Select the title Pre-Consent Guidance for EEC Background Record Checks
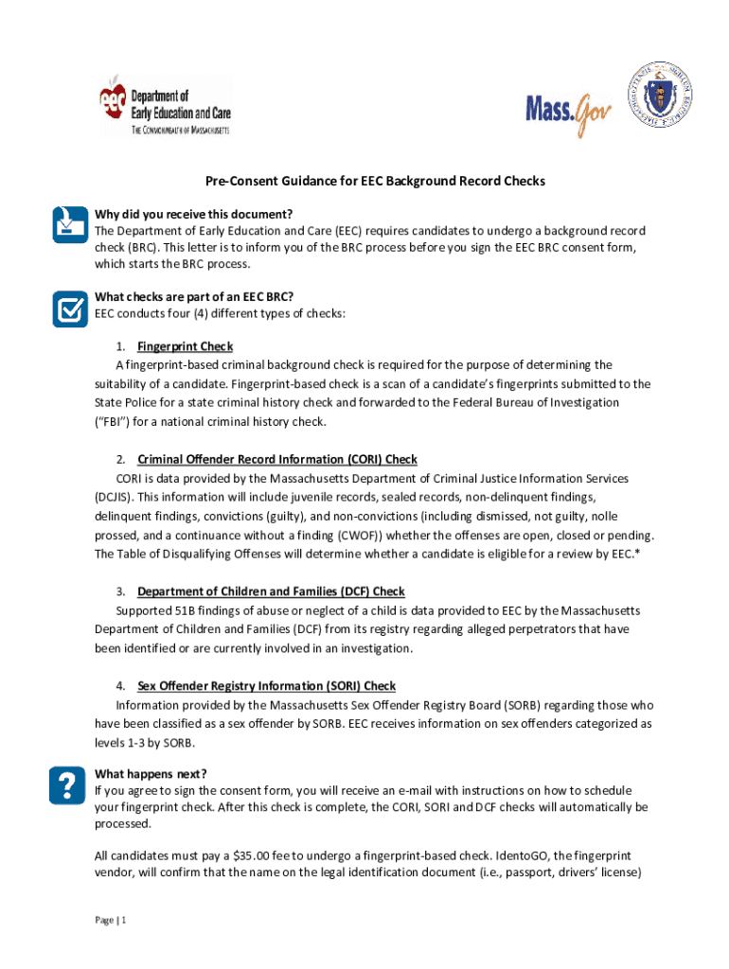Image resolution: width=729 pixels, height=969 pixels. click(364, 180)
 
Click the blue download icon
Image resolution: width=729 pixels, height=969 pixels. click(67, 223)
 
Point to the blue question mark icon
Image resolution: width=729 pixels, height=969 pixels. click(67, 784)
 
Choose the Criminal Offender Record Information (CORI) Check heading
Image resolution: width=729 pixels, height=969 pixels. click(277, 460)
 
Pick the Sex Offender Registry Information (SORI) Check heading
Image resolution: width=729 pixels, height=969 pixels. click(266, 686)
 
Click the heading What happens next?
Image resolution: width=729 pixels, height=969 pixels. click(151, 773)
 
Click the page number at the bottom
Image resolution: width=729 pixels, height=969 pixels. click(111, 920)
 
